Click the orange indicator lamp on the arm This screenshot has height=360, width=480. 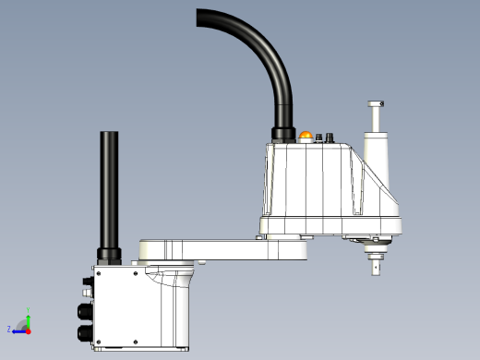click(x=306, y=138)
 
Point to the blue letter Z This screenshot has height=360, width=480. click(x=9, y=329)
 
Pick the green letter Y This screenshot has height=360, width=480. click(x=28, y=310)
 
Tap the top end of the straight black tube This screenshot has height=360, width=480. click(x=110, y=134)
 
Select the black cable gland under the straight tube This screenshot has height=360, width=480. click(x=109, y=254)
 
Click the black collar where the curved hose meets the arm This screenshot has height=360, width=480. click(x=282, y=136)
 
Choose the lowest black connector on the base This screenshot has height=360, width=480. click(x=83, y=333)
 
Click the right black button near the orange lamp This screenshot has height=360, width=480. click(x=330, y=139)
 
